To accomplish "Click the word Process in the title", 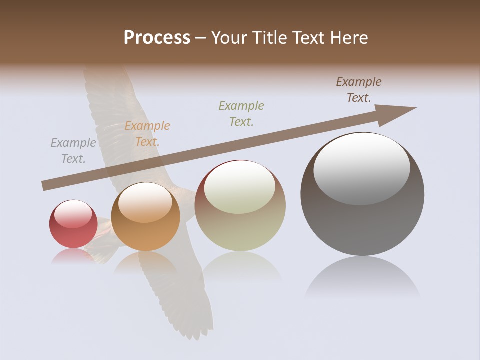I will pos(157,38).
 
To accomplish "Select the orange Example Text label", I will pos(147,134).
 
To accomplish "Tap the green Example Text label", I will pos(241,113).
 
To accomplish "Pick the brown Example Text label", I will pos(359,90).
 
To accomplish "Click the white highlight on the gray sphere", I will pos(362,169).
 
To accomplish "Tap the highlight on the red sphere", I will pos(73,214).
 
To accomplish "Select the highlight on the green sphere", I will pos(240,187).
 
